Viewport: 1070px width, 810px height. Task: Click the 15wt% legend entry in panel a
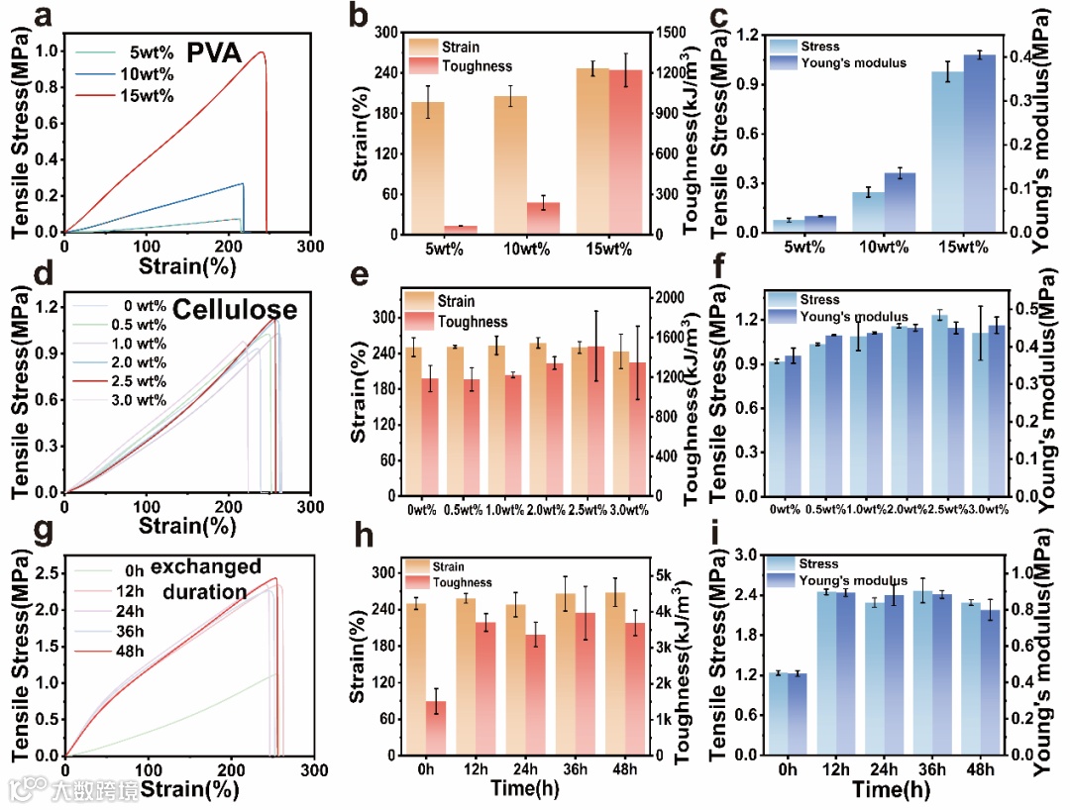point(149,95)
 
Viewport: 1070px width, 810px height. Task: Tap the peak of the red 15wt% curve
point(262,52)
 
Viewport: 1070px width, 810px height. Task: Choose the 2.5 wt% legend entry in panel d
point(139,380)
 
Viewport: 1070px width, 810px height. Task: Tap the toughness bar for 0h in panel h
point(435,728)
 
